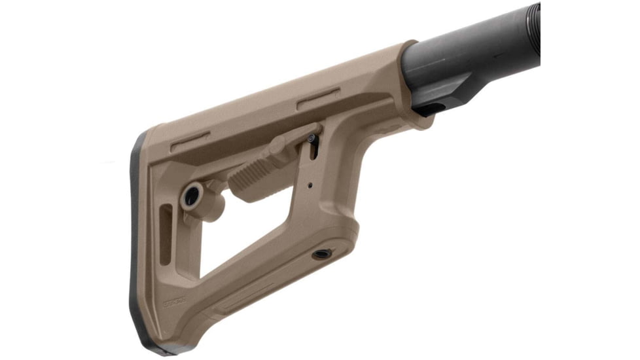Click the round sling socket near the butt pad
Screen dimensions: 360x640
coord(192,196)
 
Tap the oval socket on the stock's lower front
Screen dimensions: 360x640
coord(321,253)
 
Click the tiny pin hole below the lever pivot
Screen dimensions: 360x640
coord(310,185)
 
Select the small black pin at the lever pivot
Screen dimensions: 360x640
coord(311,138)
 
